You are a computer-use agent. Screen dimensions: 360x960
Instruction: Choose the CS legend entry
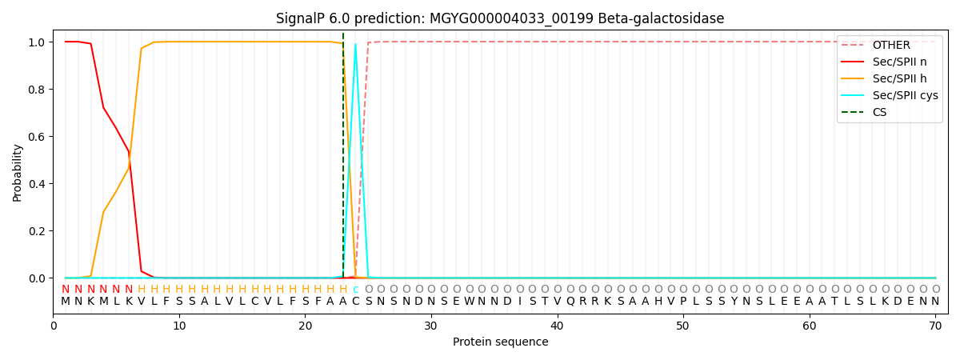pyautogui.click(x=879, y=112)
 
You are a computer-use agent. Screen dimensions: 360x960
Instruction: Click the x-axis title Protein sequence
pyautogui.click(x=500, y=342)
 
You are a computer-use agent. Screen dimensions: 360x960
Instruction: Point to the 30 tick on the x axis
pyautogui.click(x=431, y=326)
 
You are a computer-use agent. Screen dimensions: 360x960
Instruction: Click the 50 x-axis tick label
pyautogui.click(x=682, y=326)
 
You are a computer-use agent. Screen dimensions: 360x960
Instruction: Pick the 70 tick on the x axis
pyautogui.click(x=934, y=326)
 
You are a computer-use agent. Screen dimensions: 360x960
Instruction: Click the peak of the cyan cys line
pyautogui.click(x=355, y=45)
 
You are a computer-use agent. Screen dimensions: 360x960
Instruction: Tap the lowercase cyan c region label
pyautogui.click(x=355, y=290)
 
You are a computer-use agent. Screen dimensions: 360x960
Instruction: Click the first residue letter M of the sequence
pyautogui.click(x=66, y=302)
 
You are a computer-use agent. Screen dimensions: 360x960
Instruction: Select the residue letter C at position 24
pyautogui.click(x=355, y=302)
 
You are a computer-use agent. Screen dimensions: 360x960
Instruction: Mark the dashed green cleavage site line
pyautogui.click(x=343, y=160)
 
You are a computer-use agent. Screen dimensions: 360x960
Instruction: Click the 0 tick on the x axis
pyautogui.click(x=54, y=326)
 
